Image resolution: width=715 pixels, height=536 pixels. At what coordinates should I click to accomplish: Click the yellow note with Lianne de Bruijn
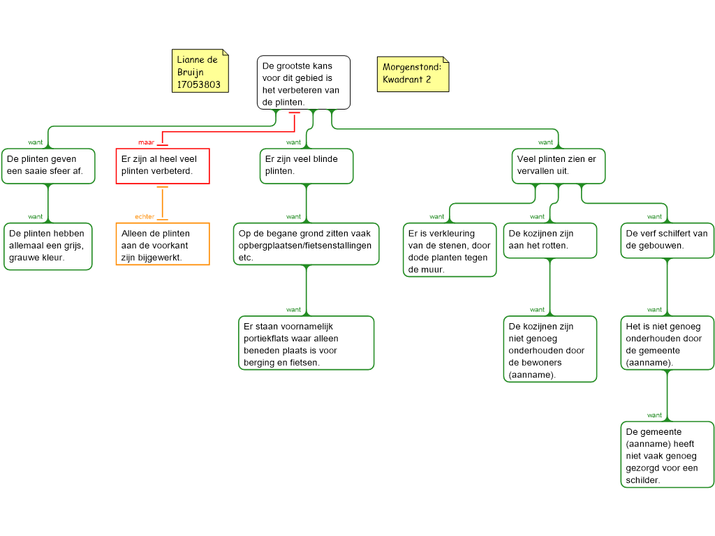coord(200,71)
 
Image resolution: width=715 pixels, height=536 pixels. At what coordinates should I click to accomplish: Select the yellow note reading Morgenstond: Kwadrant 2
coord(413,74)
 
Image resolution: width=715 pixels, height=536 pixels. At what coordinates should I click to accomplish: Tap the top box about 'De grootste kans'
coord(304,82)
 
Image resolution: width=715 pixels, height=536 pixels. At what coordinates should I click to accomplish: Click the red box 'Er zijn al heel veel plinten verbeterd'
coord(163,166)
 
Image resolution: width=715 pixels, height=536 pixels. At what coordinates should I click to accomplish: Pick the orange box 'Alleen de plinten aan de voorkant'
coord(163,244)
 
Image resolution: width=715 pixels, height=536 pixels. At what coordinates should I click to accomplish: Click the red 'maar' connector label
coord(147,142)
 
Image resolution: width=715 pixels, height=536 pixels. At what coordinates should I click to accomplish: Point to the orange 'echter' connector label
coord(145,216)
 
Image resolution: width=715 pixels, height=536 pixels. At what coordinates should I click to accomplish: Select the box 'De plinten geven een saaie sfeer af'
coord(48,166)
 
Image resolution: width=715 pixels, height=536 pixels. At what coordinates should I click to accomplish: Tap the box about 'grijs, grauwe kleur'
coord(48,246)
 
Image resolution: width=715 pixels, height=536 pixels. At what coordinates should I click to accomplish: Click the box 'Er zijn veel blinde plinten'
coord(307,166)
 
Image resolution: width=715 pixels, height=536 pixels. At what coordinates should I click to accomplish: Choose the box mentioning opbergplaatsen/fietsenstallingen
coord(307,244)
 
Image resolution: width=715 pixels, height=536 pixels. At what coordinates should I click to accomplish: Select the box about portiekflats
coord(307,343)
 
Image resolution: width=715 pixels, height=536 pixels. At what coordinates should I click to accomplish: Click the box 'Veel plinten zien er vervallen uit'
coord(559,166)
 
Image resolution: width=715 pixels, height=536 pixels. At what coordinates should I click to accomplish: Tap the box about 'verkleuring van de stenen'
coord(450,250)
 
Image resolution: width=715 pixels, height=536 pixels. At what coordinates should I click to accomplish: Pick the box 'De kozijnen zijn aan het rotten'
coord(550,240)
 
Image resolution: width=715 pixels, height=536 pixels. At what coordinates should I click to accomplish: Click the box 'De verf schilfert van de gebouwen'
coord(668,240)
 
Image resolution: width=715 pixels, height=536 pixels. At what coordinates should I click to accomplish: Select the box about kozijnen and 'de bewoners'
coord(550,349)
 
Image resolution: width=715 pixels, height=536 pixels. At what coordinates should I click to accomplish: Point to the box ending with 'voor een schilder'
coord(668,454)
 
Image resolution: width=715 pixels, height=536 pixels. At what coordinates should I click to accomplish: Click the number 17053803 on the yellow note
coord(199,84)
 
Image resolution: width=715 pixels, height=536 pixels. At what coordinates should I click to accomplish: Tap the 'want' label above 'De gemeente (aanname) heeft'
coord(654,415)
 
